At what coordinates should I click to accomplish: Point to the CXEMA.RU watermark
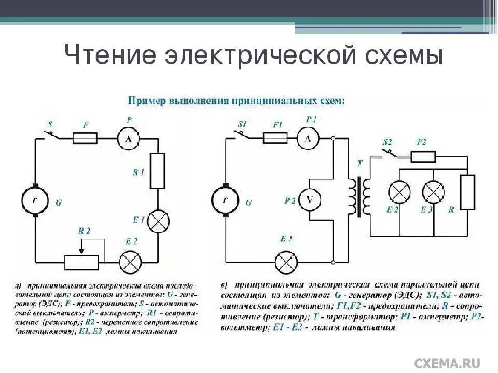(447, 363)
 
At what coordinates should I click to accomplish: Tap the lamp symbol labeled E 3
(433, 193)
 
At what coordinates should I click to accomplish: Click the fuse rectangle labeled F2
(423, 156)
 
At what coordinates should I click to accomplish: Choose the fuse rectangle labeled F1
(275, 138)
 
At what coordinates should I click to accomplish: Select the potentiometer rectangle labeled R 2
(81, 263)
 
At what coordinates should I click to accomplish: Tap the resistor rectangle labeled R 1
(157, 171)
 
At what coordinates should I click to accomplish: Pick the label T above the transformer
(359, 164)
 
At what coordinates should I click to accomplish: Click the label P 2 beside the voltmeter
(290, 200)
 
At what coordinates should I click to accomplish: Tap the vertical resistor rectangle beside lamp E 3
(467, 192)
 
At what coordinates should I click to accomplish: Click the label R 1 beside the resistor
(138, 172)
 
